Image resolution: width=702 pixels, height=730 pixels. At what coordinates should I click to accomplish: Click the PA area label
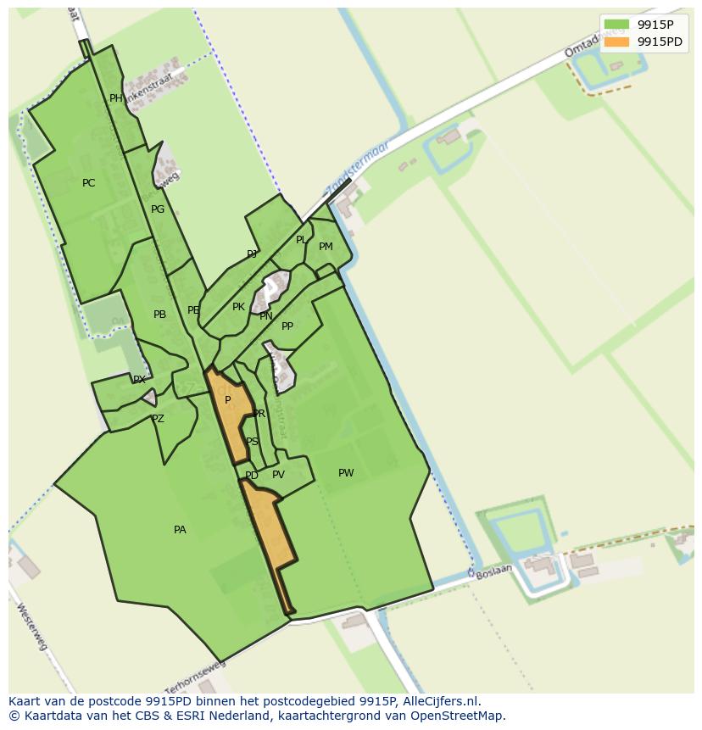(180, 530)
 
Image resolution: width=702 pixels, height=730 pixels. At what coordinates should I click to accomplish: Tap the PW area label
(346, 473)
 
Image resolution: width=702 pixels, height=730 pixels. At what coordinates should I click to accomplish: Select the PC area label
(88, 183)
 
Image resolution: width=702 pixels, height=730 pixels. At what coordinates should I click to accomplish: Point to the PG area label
(158, 209)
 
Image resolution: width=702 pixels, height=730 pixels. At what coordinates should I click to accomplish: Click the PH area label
(116, 98)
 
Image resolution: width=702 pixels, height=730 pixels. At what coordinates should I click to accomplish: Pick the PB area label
(159, 315)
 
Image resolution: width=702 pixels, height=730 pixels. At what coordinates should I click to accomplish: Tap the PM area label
(326, 247)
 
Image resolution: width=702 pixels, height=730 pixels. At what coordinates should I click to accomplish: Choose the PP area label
(287, 326)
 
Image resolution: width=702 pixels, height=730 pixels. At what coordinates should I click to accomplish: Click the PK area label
(238, 307)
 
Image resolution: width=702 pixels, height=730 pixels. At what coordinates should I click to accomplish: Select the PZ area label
(158, 419)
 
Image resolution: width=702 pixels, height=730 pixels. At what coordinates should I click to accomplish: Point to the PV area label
(278, 475)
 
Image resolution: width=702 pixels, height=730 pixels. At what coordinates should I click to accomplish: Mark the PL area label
(300, 240)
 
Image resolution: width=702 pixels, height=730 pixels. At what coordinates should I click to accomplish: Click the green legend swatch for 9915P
(616, 25)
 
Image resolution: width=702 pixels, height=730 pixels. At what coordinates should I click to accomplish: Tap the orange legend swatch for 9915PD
(616, 42)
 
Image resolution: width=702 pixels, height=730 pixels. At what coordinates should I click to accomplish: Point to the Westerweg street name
(31, 627)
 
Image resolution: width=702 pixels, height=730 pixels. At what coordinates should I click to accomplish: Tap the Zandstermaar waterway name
(357, 167)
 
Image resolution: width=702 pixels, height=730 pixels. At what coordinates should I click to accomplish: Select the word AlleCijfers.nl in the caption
(439, 701)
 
